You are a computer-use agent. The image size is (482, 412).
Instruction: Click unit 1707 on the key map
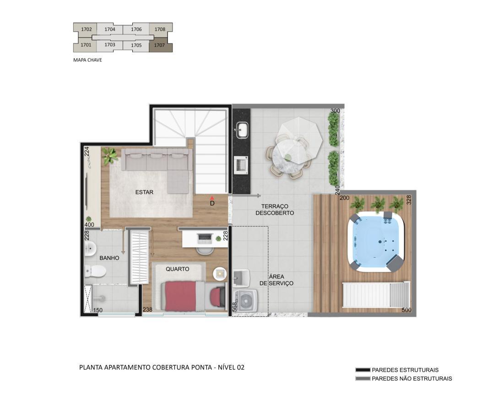[x=160, y=45]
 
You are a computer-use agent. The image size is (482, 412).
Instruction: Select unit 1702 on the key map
[x=87, y=29]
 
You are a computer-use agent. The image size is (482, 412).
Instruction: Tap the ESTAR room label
[x=144, y=192]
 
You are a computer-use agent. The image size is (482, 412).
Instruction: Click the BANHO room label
[x=109, y=258]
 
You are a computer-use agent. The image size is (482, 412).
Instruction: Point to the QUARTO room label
[x=177, y=269]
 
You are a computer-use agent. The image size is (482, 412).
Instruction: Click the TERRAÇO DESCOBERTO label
[x=275, y=209]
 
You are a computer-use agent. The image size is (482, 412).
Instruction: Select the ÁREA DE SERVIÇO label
[x=276, y=280]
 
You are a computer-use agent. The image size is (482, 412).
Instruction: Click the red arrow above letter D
[x=212, y=198]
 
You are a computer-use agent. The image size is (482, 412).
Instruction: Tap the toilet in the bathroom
[x=95, y=271]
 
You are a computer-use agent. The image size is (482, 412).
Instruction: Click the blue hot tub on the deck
[x=376, y=242]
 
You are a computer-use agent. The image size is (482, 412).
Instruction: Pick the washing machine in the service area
[x=246, y=300]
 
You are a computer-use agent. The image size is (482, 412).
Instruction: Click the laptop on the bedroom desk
[x=205, y=238]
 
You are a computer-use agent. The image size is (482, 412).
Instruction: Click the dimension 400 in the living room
[x=89, y=225]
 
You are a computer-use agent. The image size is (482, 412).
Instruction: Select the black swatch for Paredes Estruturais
[x=363, y=370]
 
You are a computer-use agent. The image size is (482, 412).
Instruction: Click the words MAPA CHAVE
[x=87, y=60]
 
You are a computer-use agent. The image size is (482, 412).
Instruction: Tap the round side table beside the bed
[x=220, y=274]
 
